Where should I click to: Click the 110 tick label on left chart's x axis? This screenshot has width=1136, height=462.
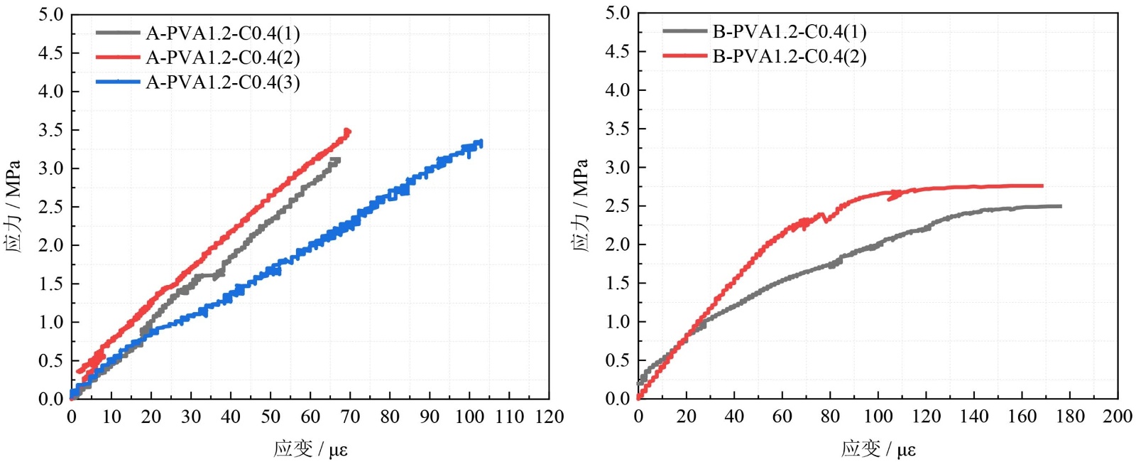[x=509, y=417]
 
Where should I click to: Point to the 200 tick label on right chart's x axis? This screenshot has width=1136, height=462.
[x=1118, y=417]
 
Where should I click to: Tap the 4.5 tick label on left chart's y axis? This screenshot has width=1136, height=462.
[x=50, y=53]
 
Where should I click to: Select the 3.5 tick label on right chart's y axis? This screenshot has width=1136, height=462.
[x=617, y=129]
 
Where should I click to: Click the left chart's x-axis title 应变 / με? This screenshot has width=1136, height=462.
[x=310, y=449]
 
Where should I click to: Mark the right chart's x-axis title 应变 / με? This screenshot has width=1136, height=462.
[x=878, y=449]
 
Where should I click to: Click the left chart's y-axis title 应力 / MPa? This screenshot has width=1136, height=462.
[x=13, y=206]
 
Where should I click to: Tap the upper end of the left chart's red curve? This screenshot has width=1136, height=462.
[x=347, y=131]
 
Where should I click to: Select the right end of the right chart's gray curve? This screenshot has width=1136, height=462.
[x=1060, y=206]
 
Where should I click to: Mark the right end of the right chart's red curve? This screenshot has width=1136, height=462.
[x=1042, y=186]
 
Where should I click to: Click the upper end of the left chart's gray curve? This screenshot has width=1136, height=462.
[x=337, y=159]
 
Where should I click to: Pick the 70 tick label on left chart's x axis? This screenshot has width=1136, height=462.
[x=350, y=417]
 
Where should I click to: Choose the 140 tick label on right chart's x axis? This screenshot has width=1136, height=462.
[x=973, y=417]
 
